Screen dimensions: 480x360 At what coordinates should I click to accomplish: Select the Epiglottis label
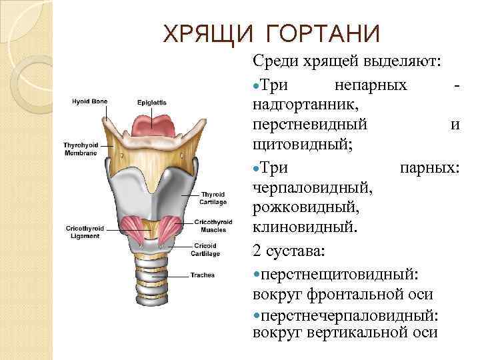coord(152,102)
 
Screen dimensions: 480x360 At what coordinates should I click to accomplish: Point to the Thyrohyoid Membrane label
coord(80,149)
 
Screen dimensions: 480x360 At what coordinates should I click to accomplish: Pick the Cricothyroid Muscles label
coord(213,225)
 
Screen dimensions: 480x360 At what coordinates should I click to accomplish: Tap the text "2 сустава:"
coord(289,251)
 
